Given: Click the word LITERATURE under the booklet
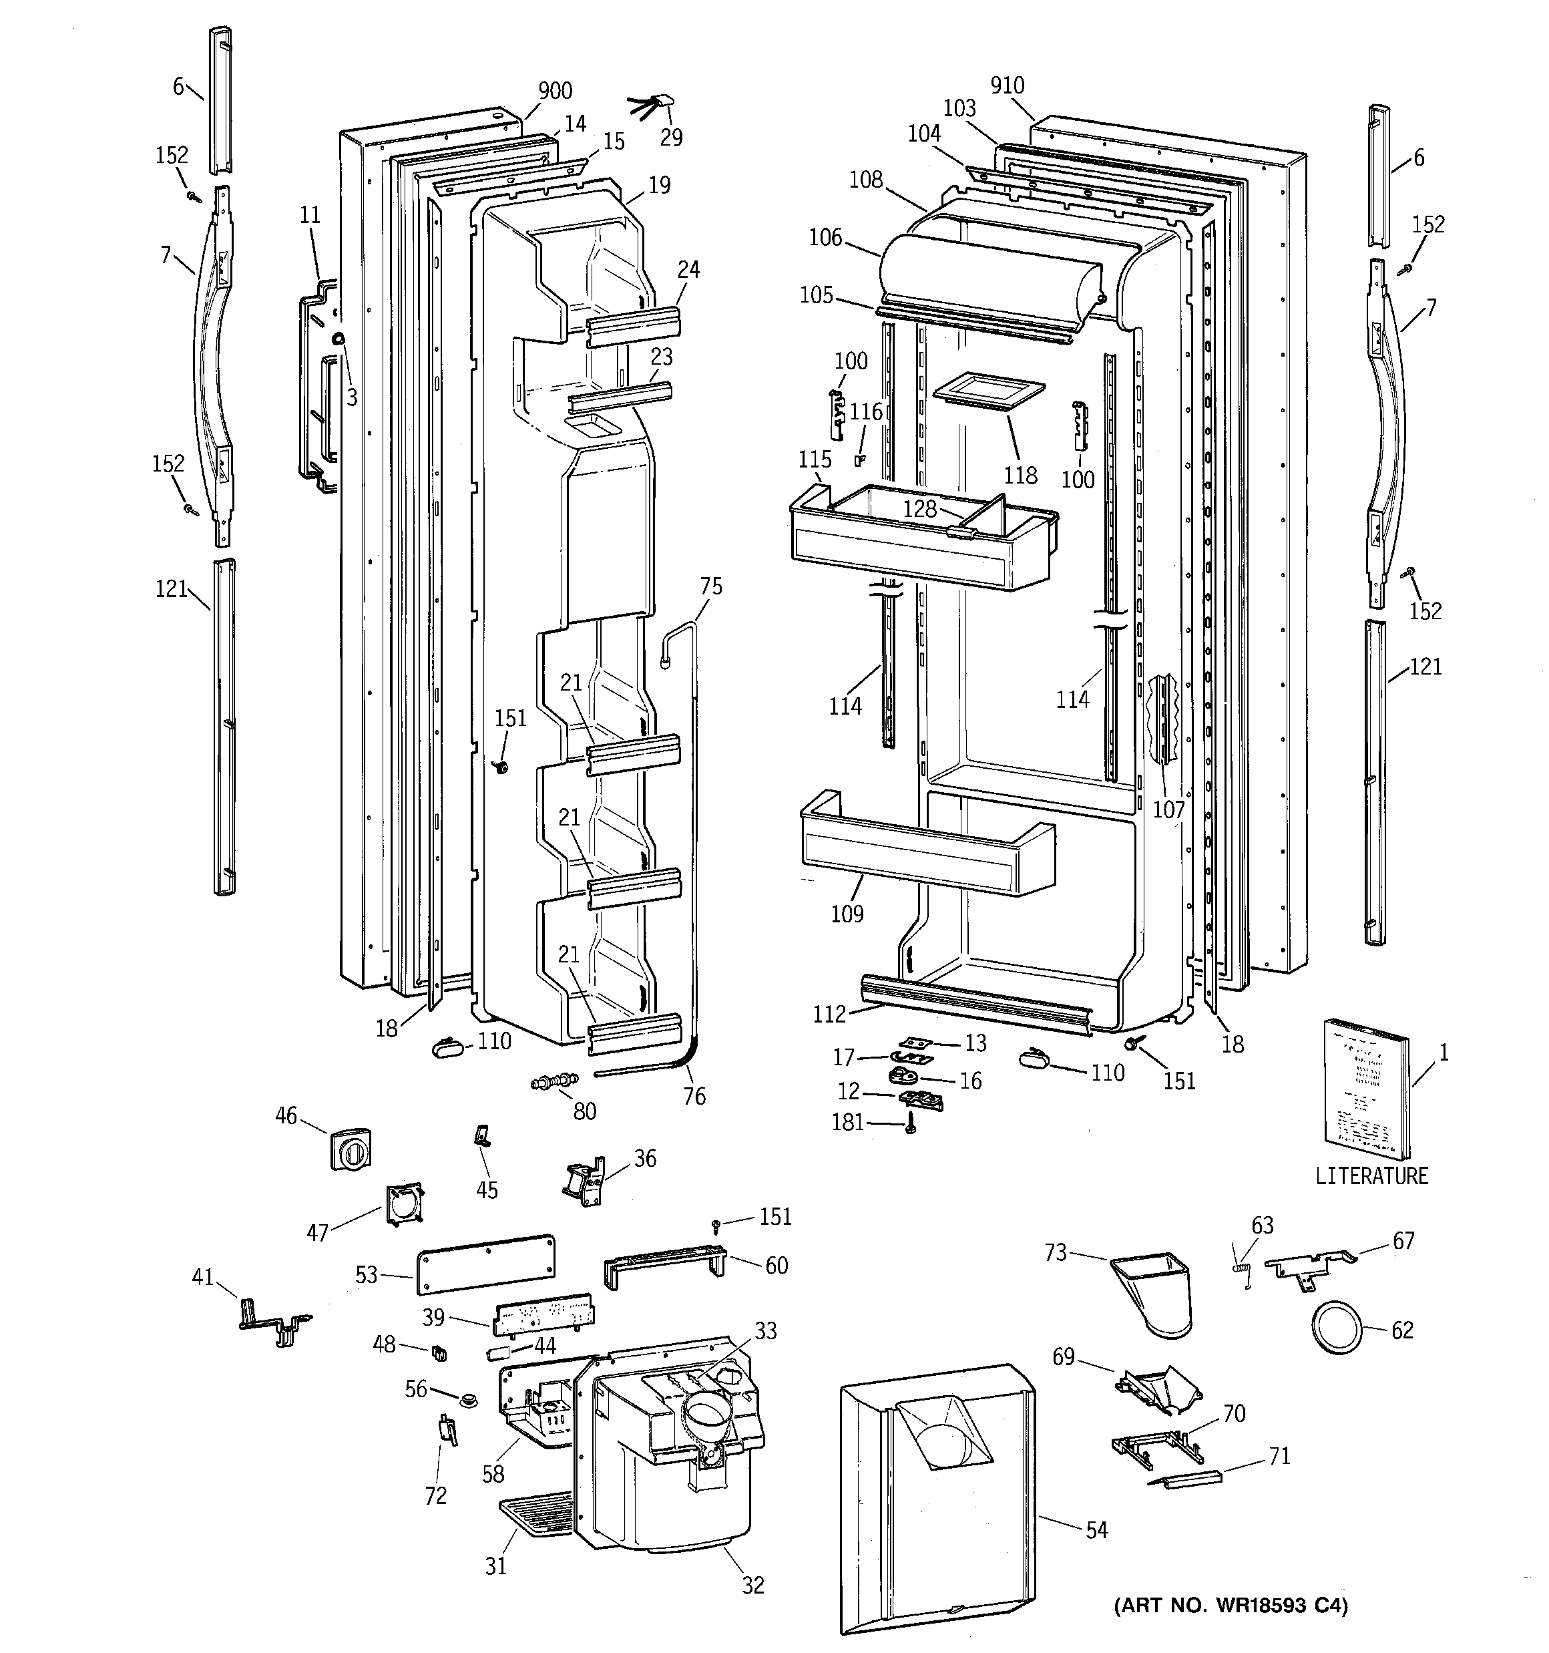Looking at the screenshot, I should pos(1371,1175).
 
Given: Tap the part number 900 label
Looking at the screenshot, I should pos(555,91).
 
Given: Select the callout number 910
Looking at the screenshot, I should pos(1007,85).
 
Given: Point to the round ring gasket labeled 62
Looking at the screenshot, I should pos(1337,1328).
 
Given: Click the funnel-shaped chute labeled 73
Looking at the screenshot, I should pos(1156,1290).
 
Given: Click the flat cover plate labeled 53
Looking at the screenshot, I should pos(485,1263).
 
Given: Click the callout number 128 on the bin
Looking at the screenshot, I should pos(919,508).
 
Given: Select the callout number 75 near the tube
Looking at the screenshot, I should pos(711,586).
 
